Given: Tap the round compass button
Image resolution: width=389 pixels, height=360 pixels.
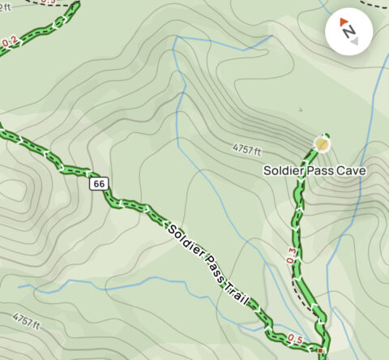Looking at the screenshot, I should click(x=348, y=32).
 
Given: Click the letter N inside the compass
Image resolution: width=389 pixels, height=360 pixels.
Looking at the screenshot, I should click(x=349, y=32).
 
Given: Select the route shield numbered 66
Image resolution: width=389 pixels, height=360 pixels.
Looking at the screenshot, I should click(x=99, y=184).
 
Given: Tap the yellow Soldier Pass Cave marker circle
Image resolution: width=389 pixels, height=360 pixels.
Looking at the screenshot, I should click(x=323, y=145).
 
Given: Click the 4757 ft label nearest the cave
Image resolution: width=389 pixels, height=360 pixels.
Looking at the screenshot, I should click(x=246, y=150).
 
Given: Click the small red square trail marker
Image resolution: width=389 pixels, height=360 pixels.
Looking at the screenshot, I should click(x=321, y=351).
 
